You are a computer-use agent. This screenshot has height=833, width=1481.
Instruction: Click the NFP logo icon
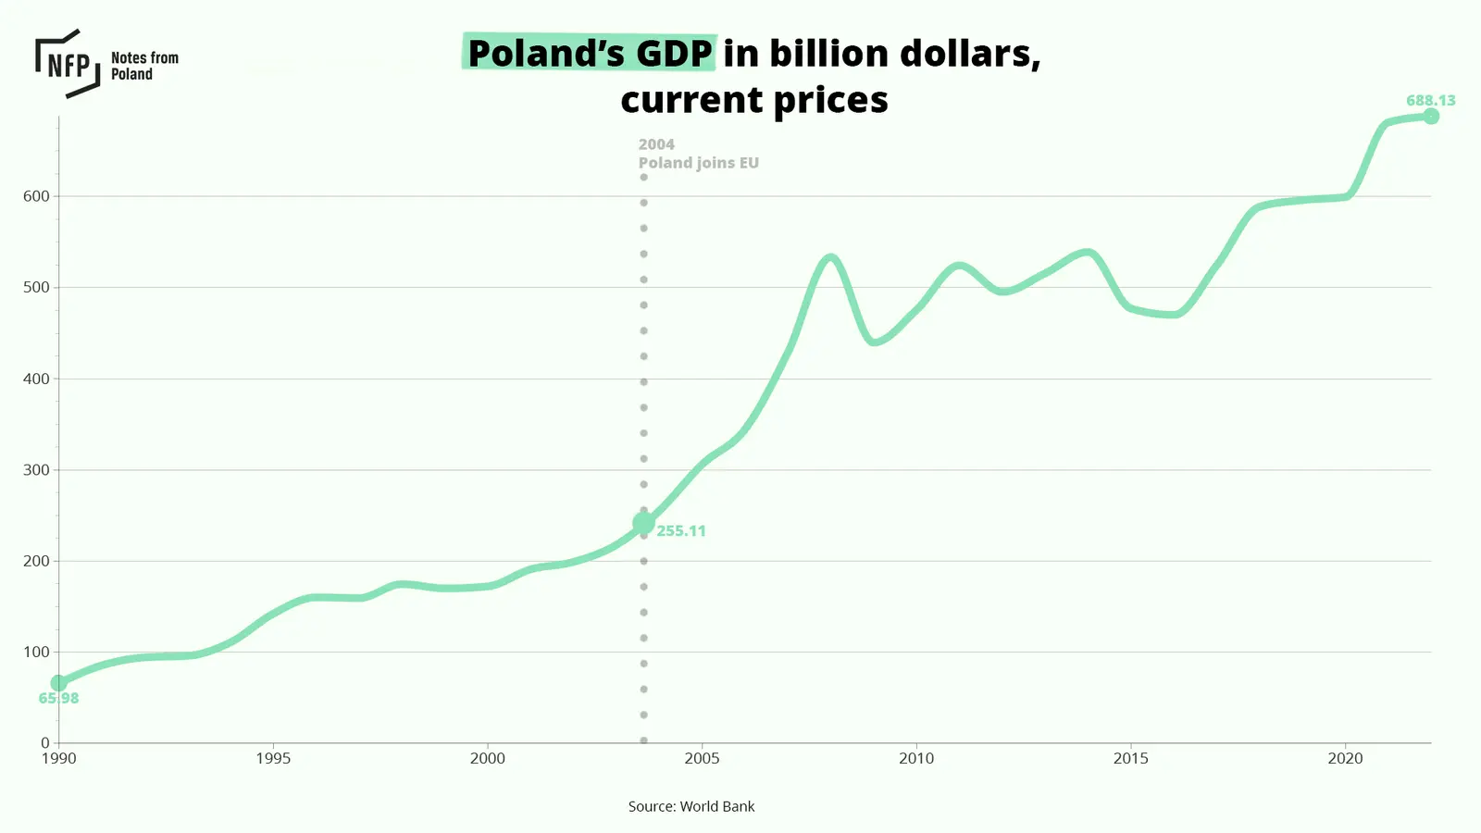68,64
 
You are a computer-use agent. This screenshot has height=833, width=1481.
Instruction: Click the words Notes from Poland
144,66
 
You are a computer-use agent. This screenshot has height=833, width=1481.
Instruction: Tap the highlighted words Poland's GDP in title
590,53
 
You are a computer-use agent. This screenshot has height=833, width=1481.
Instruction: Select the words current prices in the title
753,100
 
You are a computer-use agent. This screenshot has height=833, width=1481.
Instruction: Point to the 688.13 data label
1430,100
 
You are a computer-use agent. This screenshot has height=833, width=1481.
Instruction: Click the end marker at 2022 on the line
1431,117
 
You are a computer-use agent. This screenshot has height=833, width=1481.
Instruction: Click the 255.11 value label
681,531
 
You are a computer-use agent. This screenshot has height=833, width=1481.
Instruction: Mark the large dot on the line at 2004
643,523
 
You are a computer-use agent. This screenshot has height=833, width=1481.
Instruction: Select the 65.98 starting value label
58,699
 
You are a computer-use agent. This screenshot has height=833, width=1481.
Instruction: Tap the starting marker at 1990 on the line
59,683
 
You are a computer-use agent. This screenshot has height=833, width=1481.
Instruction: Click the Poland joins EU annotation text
698,163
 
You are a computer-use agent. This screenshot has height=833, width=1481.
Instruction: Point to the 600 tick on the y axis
36,196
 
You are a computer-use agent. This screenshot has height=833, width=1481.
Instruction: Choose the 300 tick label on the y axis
36,470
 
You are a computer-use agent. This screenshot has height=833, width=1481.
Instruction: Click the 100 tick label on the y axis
36,653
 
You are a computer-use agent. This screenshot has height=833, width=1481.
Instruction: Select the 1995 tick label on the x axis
273,759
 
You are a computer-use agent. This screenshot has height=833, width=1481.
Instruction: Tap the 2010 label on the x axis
916,759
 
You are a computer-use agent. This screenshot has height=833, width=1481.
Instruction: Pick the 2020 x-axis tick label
1345,759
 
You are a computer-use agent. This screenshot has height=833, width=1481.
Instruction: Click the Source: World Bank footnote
691,807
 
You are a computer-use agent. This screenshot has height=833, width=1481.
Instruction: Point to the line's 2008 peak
830,258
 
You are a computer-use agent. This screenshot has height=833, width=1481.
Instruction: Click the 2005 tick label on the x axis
702,759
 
